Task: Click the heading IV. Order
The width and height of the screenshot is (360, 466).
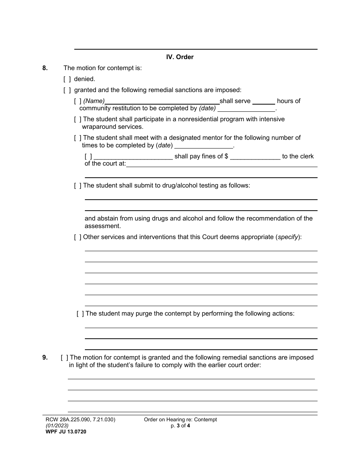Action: pyautogui.click(x=180, y=57)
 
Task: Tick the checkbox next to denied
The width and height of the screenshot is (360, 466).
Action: pyautogui.click(x=67, y=79)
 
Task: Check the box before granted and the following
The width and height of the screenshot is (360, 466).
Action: pyautogui.click(x=67, y=90)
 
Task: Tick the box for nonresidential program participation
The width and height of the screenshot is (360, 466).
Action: pyautogui.click(x=78, y=119)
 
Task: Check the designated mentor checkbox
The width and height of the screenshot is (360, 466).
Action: pyautogui.click(x=78, y=138)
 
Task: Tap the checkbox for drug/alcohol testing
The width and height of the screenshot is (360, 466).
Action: pyautogui.click(x=78, y=186)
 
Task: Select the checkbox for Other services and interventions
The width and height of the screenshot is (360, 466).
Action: pyautogui.click(x=78, y=237)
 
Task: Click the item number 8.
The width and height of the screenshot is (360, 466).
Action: pyautogui.click(x=45, y=68)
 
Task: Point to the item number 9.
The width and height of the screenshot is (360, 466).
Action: pyautogui.click(x=45, y=357)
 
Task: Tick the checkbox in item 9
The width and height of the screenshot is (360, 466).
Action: pyautogui.click(x=64, y=357)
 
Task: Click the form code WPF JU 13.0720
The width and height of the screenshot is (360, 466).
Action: pyautogui.click(x=64, y=432)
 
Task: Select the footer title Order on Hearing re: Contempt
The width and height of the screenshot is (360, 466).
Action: pyautogui.click(x=180, y=419)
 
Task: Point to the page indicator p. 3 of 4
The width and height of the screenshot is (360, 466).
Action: pyautogui.click(x=180, y=425)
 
